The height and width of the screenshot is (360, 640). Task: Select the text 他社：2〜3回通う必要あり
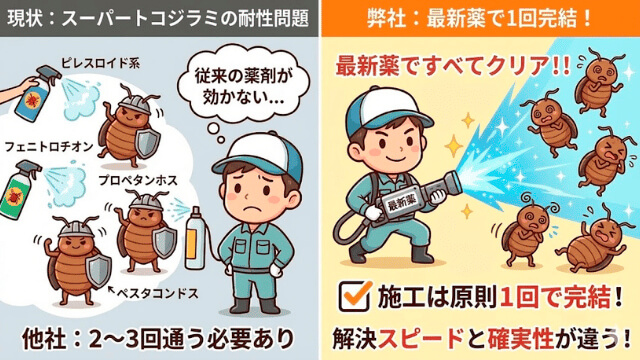160,335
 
